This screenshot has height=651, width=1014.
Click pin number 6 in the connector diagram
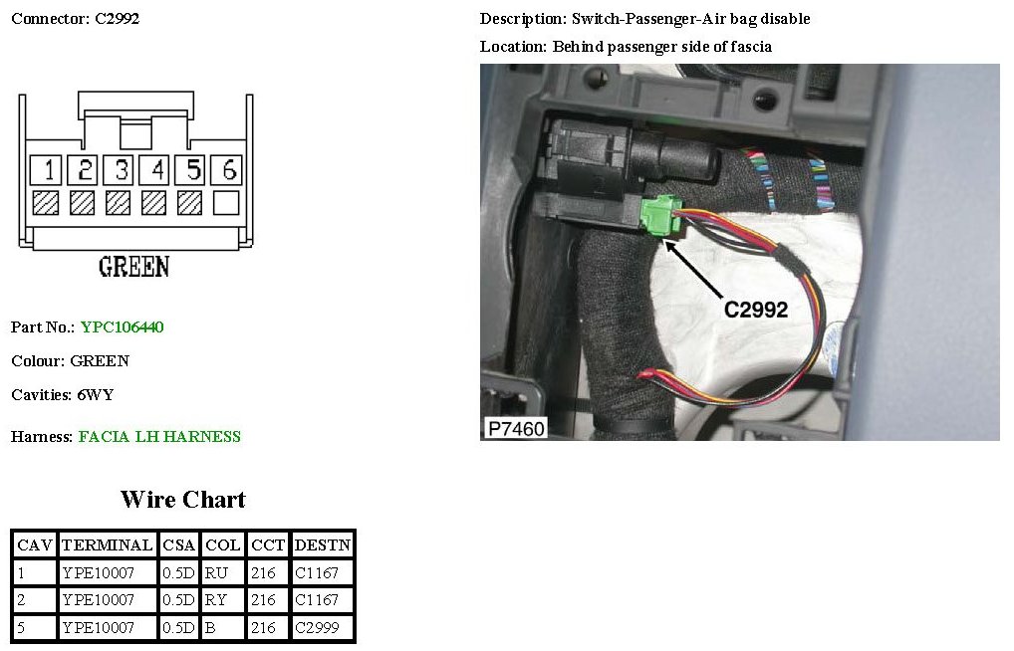point(229,169)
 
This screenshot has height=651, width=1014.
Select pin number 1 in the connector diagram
point(46,169)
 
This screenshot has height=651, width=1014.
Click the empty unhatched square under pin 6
point(226,203)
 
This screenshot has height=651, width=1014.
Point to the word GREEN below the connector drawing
point(133,267)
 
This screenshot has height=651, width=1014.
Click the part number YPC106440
point(122,327)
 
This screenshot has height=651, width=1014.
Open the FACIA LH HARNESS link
point(159,436)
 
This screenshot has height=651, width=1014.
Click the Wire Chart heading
point(183,499)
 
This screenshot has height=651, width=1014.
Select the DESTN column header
point(322,544)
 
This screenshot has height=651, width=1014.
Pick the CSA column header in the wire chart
point(179,544)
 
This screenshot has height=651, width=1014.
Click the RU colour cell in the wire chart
point(216,572)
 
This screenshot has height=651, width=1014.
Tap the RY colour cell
point(216,600)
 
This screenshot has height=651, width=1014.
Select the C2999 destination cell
point(317,628)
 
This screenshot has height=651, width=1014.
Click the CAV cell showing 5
point(22,628)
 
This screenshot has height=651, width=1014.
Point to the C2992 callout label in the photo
point(756,310)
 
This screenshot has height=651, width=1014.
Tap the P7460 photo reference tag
point(515,428)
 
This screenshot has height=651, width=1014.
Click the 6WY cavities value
point(96,394)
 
